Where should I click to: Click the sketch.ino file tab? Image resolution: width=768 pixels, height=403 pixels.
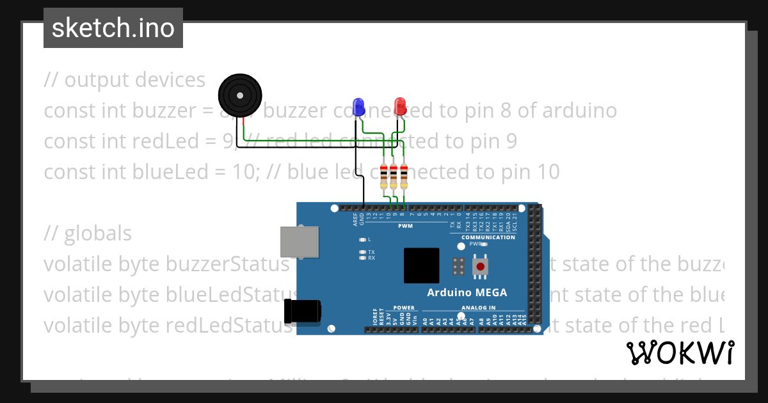click(x=113, y=28)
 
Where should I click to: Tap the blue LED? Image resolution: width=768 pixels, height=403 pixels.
click(x=359, y=106)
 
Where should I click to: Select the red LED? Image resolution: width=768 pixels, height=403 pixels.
click(x=400, y=106)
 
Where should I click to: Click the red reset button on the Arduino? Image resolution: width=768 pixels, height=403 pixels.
click(x=479, y=265)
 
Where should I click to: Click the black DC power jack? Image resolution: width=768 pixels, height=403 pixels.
click(x=301, y=312)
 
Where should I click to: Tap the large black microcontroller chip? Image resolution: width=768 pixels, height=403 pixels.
click(x=421, y=265)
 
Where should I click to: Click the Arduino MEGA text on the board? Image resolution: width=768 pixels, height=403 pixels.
click(x=467, y=293)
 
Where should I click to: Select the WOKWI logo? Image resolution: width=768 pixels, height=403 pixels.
click(x=680, y=352)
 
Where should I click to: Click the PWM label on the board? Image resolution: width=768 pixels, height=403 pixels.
click(x=405, y=226)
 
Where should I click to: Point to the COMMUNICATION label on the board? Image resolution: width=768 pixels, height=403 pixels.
click(x=488, y=237)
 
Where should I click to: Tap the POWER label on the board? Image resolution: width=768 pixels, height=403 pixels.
click(x=404, y=308)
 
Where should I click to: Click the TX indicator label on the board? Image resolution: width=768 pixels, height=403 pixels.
click(x=371, y=252)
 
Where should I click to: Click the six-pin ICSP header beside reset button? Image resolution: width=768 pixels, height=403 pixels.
click(x=458, y=267)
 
